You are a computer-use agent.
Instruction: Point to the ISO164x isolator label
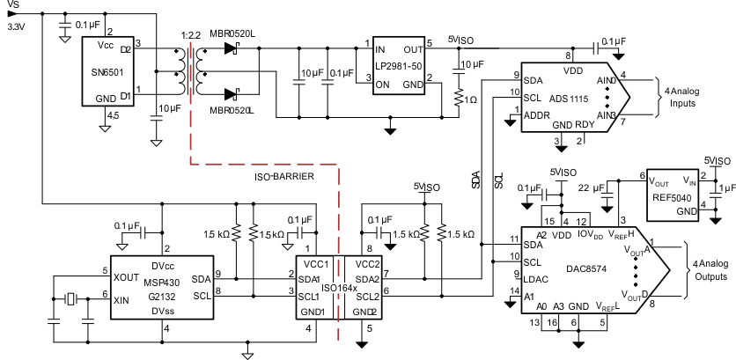point(339,287)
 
